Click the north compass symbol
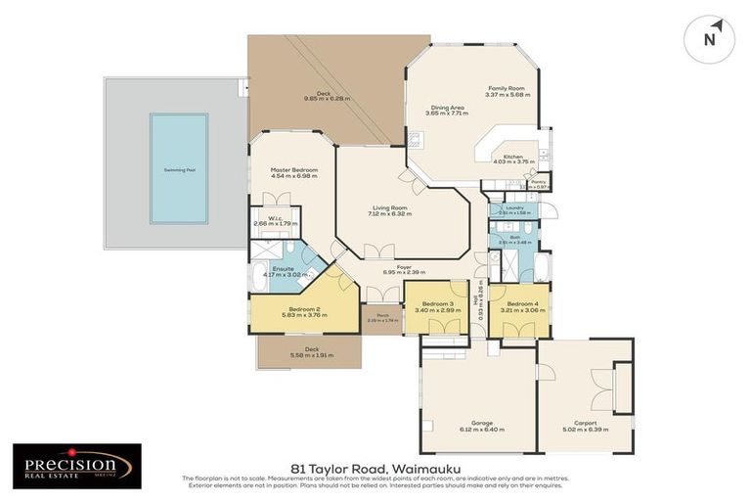click(x=710, y=39)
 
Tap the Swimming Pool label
click(x=179, y=169)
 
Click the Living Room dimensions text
click(x=390, y=213)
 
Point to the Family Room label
click(x=507, y=88)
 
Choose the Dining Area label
click(x=445, y=108)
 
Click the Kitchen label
click(x=513, y=157)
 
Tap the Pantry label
click(x=538, y=181)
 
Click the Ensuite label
click(x=284, y=269)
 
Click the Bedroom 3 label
click(x=436, y=303)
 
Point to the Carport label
click(x=585, y=423)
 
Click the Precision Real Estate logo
click(x=76, y=466)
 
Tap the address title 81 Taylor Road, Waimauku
click(x=375, y=468)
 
